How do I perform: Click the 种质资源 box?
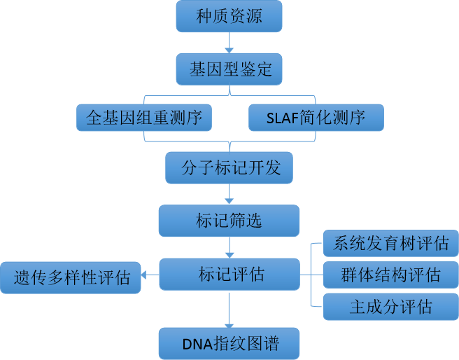pos(229,16)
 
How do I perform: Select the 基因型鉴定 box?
pos(229,69)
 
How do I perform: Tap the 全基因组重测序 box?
pos(143,118)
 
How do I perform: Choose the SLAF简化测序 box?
pos(316,118)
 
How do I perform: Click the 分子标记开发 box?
pos(229,168)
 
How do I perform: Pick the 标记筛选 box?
pos(229,221)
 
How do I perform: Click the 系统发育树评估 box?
pos(391,244)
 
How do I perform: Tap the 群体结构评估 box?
pos(391,275)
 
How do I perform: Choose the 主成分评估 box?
pos(391,306)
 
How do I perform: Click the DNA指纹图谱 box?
pos(229,344)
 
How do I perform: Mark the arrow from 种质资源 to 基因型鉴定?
pos(229,43)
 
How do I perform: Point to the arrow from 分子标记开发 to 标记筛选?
pos(229,194)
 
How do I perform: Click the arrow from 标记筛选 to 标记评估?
pos(229,247)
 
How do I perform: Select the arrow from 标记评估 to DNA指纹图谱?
pos(229,309)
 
